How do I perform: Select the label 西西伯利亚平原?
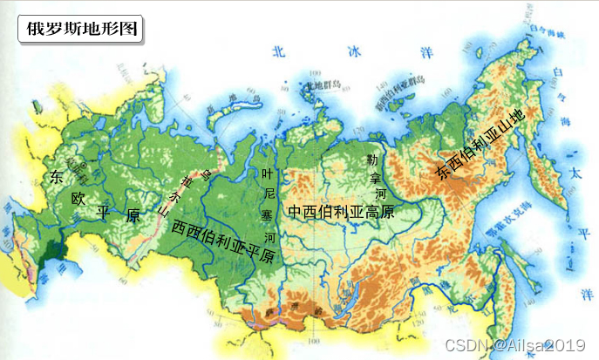pyautogui.click(x=223, y=241)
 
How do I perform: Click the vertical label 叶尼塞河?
pyautogui.click(x=269, y=205)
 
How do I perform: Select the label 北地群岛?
pyautogui.click(x=320, y=85)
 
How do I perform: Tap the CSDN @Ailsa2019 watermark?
pyautogui.click(x=520, y=345)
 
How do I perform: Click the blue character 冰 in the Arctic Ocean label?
pyautogui.click(x=352, y=51)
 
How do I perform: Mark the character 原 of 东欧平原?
pyautogui.click(x=133, y=215)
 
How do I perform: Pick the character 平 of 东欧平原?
pyautogui.click(x=104, y=212)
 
